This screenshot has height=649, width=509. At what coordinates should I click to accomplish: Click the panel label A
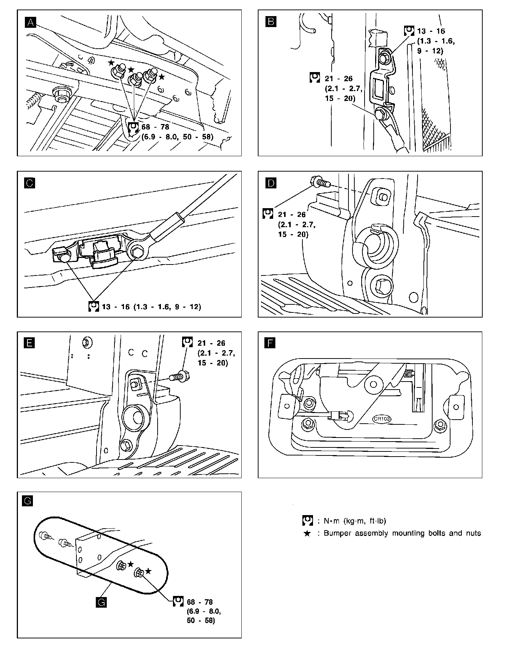point(30,22)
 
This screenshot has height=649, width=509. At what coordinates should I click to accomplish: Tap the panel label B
point(271,22)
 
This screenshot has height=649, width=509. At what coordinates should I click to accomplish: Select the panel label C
point(30,183)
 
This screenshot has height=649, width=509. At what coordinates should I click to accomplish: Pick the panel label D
point(271,183)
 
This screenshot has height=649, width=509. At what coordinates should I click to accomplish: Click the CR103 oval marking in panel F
point(382,419)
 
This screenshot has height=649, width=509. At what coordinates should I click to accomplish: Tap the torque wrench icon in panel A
point(133,128)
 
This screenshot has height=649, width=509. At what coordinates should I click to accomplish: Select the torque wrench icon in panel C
point(94,307)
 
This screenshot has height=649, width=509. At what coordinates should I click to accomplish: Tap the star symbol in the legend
point(307,533)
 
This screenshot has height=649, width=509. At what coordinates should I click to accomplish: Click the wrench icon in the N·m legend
point(307,521)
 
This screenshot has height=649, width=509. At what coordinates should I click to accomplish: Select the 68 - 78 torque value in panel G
point(200,602)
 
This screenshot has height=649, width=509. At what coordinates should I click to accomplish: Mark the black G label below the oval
point(101,602)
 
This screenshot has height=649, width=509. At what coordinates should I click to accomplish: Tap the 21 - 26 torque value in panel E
point(211,343)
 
